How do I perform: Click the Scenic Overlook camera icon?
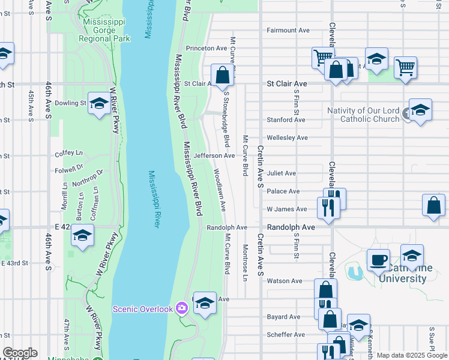click(x=182, y=308)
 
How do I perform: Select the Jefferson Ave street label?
click(x=214, y=155)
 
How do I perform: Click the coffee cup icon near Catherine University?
click(x=378, y=260)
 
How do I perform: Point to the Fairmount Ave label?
click(x=288, y=30)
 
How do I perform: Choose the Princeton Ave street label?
click(x=206, y=48)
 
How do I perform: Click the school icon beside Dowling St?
click(x=99, y=103)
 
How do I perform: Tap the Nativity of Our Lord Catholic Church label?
click(x=363, y=115)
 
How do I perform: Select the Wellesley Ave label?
click(x=287, y=138)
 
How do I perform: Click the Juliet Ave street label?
click(x=282, y=173)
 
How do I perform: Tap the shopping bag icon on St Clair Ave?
click(x=222, y=75)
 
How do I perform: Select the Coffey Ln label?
click(x=67, y=153)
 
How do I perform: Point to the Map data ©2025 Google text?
click(x=412, y=355)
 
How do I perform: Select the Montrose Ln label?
click(x=245, y=263)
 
